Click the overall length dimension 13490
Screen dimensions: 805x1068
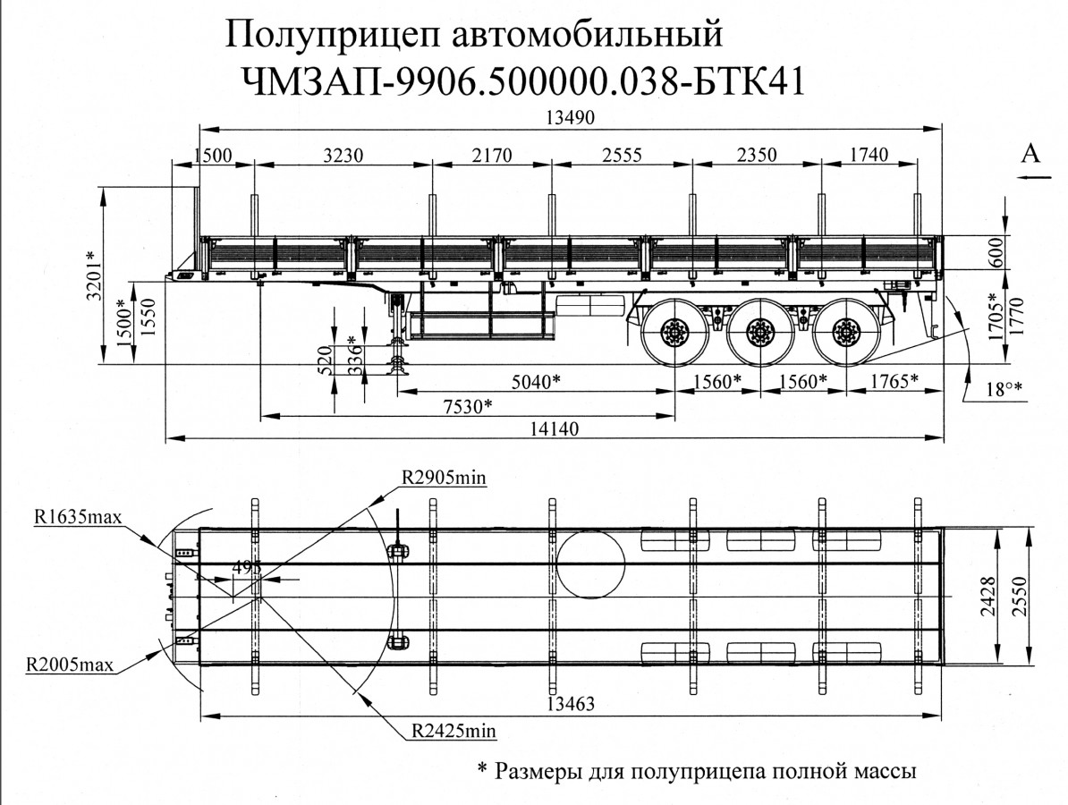click(x=569, y=118)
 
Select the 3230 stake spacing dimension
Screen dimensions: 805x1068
click(x=342, y=155)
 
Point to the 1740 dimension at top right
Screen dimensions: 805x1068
click(x=865, y=155)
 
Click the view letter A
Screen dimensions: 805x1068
click(x=1031, y=155)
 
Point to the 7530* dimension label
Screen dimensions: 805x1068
click(x=467, y=406)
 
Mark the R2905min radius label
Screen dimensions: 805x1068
click(x=444, y=478)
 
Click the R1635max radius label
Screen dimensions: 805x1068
click(x=77, y=516)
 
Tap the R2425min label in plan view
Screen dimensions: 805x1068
click(x=454, y=731)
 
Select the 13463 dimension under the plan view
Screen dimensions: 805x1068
click(x=569, y=704)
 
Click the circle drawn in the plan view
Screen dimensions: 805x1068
click(x=591, y=563)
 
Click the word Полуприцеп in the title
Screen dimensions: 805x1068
click(x=326, y=38)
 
